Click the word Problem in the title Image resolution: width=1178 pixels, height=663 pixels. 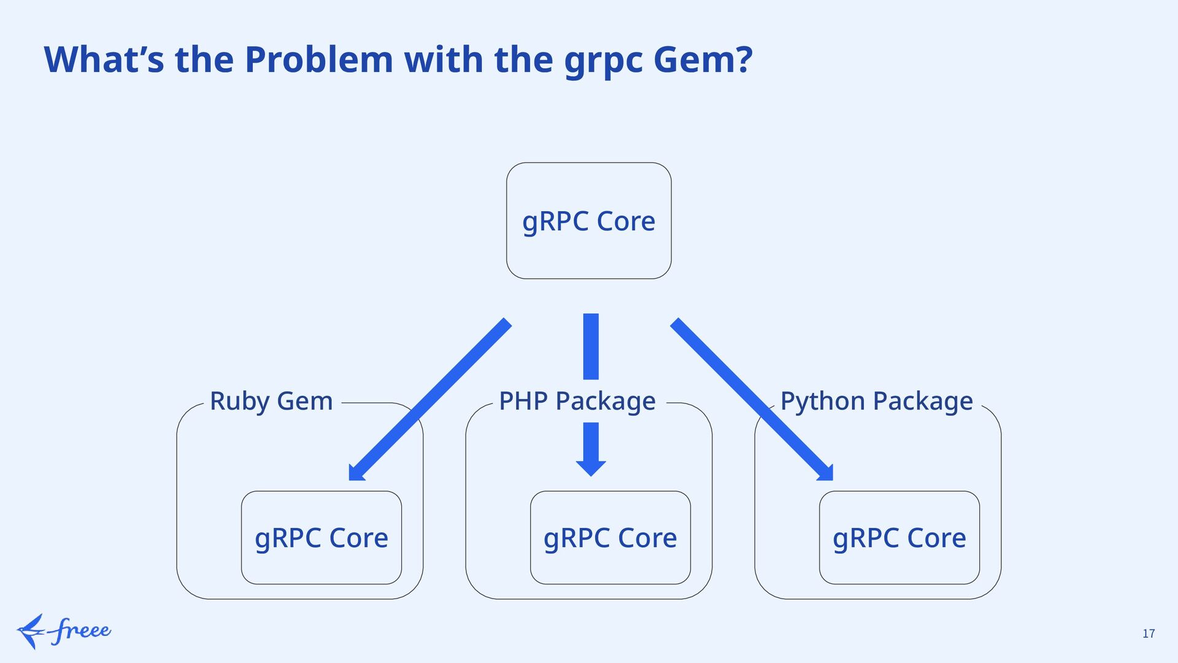pos(318,60)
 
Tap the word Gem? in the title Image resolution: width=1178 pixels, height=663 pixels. pos(703,60)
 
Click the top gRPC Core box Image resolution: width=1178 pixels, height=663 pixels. pos(588,221)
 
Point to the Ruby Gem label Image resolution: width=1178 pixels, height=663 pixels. pos(271,401)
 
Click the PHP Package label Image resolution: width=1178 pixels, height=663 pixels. pos(577,401)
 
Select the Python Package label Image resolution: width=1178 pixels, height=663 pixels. pos(876,401)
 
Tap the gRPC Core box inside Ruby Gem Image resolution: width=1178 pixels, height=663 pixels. pos(321,538)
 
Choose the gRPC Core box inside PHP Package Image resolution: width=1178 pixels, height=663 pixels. pos(610,538)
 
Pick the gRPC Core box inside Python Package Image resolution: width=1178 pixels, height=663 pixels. pos(899,538)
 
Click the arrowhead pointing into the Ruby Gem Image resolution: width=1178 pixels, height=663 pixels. pos(356,473)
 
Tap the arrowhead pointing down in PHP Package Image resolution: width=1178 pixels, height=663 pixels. pos(591,467)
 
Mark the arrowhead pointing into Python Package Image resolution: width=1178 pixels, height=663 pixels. pos(826,473)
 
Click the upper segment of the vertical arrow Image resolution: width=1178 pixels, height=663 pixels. pos(591,346)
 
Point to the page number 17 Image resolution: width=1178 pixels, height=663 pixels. pos(1149,634)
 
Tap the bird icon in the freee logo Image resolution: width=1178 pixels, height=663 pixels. pos(31,631)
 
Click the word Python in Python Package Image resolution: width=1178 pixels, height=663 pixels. pos(823,401)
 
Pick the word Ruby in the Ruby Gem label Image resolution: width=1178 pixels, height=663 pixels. pos(240,401)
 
